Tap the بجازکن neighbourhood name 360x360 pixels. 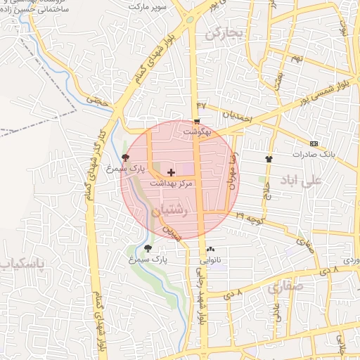[x=224, y=34]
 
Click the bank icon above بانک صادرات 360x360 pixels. [x=313, y=143]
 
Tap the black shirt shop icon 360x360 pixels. [x=268, y=158]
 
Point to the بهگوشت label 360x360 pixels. [x=196, y=131]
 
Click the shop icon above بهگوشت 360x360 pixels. [x=196, y=121]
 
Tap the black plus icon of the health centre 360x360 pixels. [x=172, y=172]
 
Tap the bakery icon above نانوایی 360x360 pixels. [x=211, y=250]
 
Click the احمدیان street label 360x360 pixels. [x=237, y=117]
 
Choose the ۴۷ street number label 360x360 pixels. [x=202, y=105]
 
